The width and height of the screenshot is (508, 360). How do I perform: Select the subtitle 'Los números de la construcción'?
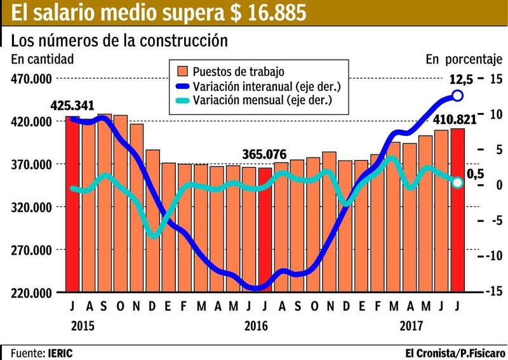pyautogui.click(x=119, y=41)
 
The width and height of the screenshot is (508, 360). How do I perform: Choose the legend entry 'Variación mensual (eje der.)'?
pyautogui.click(x=263, y=100)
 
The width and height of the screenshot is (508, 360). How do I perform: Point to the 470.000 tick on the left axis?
pyautogui.click(x=31, y=79)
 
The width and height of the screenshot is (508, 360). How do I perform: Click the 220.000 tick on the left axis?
pyautogui.click(x=31, y=293)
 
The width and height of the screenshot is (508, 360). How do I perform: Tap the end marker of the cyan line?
pyautogui.click(x=457, y=183)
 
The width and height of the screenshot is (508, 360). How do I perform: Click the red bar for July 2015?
pyautogui.click(x=73, y=203)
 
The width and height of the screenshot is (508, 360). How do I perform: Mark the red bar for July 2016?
pyautogui.click(x=265, y=229)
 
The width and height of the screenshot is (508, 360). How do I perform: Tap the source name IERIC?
pyautogui.click(x=64, y=352)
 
